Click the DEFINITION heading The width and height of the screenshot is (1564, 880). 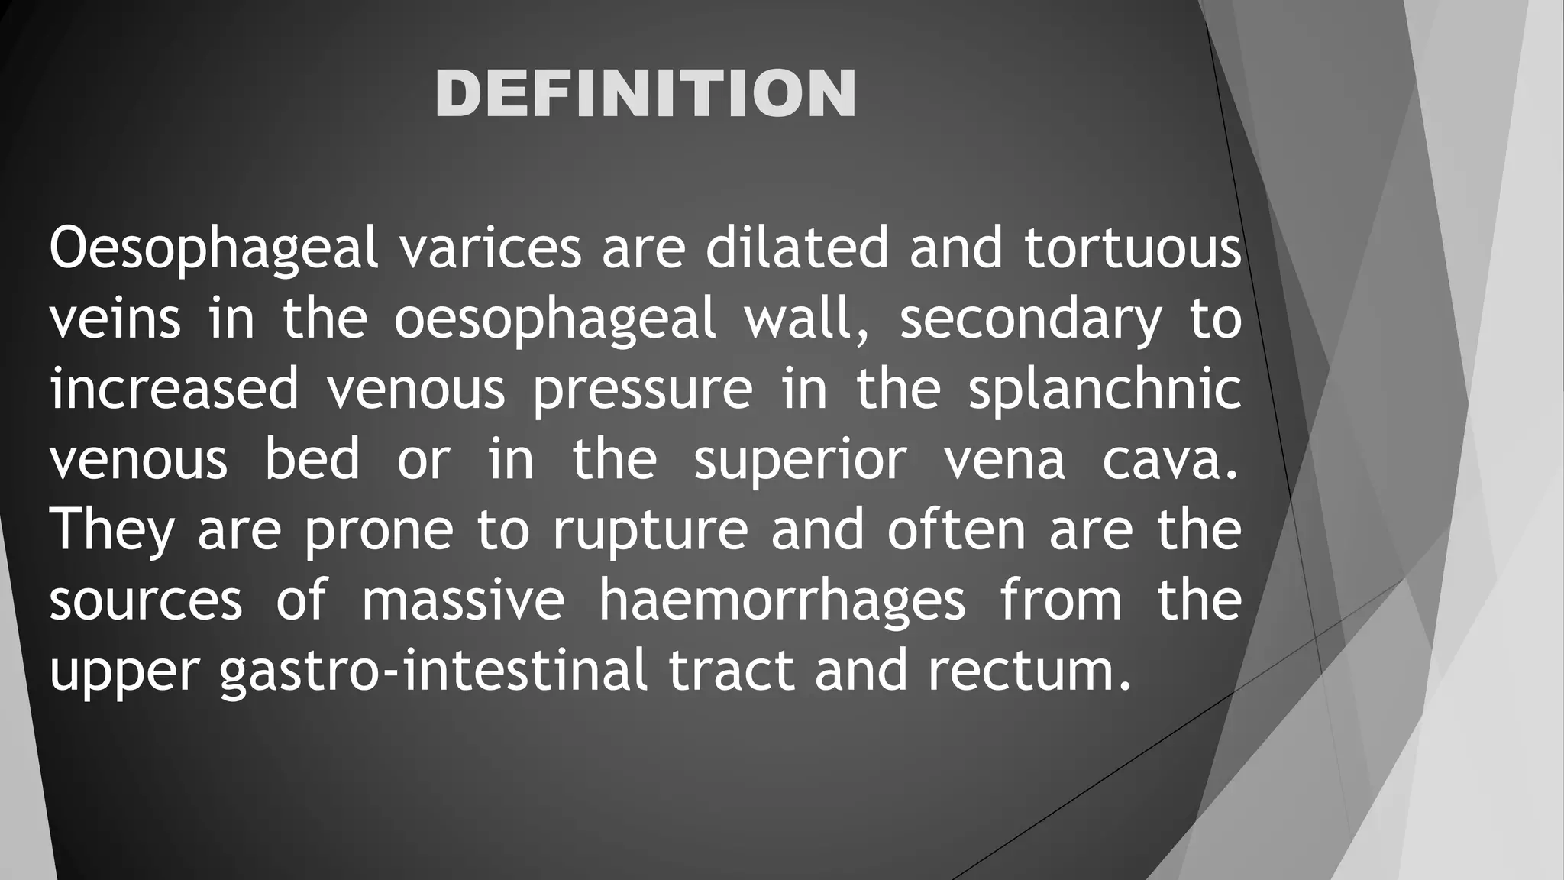645,93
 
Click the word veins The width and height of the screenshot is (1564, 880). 115,319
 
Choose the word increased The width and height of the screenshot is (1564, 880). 174,389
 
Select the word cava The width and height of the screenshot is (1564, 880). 1171,460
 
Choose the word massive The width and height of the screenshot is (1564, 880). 463,600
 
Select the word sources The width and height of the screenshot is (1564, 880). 146,601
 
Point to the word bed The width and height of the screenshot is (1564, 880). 312,459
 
